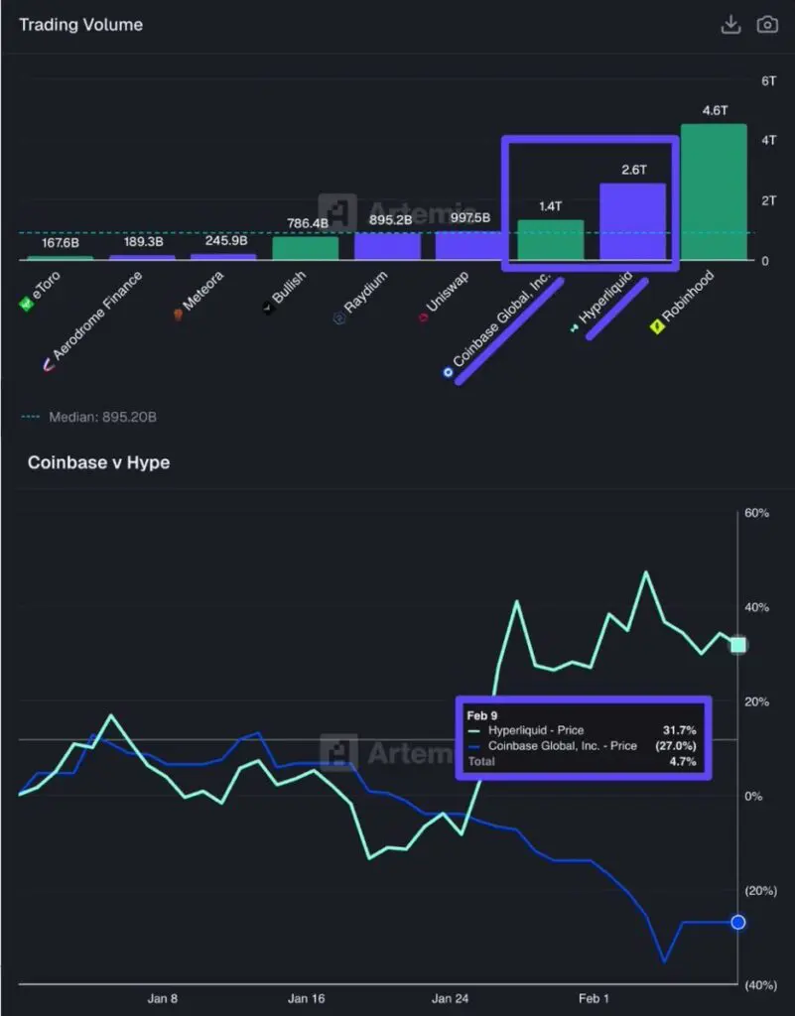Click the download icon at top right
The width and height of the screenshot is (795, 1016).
coord(730,24)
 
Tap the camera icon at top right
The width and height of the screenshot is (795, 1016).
coord(767,24)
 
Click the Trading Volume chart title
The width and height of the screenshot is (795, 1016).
coord(80,24)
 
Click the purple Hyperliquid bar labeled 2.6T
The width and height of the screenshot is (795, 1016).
coord(632,222)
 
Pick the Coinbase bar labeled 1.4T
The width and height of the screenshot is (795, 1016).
coord(551,240)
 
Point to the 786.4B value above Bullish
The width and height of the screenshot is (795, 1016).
coord(305,223)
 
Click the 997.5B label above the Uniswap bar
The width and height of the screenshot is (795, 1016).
coord(467,218)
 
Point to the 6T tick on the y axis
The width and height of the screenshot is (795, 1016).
coord(767,80)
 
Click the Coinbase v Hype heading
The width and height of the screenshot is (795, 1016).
coord(98,462)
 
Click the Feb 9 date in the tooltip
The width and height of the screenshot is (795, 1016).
coord(483,713)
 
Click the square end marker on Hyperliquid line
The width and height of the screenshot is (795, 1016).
coord(738,645)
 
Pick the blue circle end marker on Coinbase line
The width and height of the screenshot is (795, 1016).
coord(738,922)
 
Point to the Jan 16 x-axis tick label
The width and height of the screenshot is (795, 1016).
coord(306,999)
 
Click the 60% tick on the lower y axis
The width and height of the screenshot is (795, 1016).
coord(758,514)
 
